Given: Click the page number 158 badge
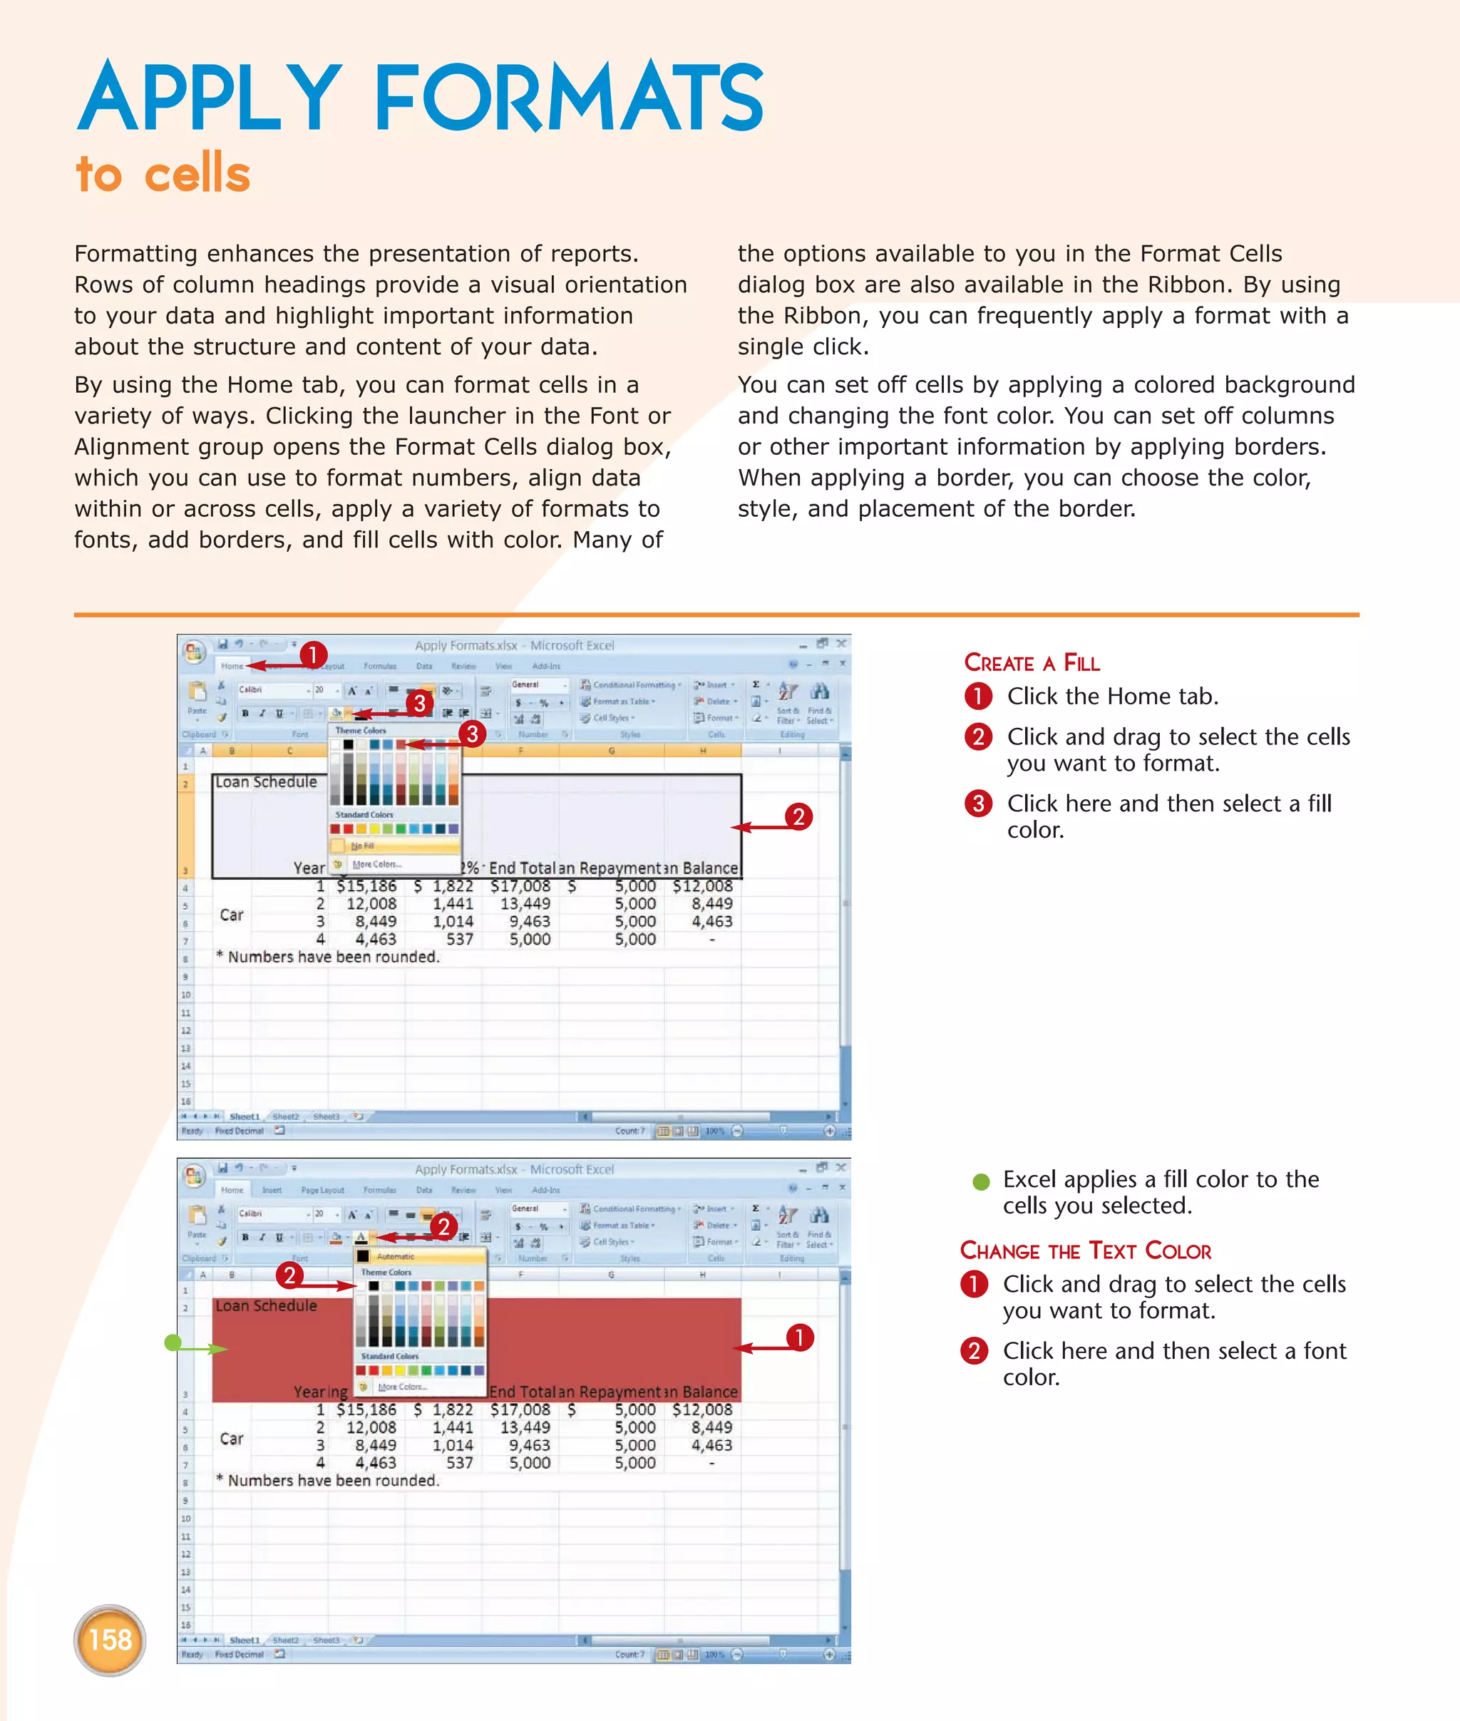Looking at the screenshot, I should (109, 1639).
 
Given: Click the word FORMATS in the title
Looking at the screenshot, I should (569, 98).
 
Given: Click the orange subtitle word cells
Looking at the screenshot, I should (197, 174).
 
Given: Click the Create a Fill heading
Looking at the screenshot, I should (1032, 662).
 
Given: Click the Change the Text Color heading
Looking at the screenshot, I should (1085, 1250).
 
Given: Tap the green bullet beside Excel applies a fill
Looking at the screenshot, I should (981, 1181).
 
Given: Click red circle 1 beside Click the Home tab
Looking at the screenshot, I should (977, 697).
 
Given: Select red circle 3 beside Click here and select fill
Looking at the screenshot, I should (977, 803).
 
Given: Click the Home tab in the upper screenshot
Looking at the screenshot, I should (232, 666).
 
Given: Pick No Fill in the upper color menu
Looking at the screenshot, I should (363, 846).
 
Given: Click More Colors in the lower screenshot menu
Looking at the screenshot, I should (401, 1387).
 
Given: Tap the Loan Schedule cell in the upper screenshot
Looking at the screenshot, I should (267, 781).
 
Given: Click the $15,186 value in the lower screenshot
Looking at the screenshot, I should (366, 1409).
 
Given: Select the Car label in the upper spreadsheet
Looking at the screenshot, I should (232, 915).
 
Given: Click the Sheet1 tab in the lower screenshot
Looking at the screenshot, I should (243, 1639).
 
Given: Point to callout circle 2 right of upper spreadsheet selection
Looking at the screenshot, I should (798, 816).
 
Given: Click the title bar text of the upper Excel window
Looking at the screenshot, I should (514, 645).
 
